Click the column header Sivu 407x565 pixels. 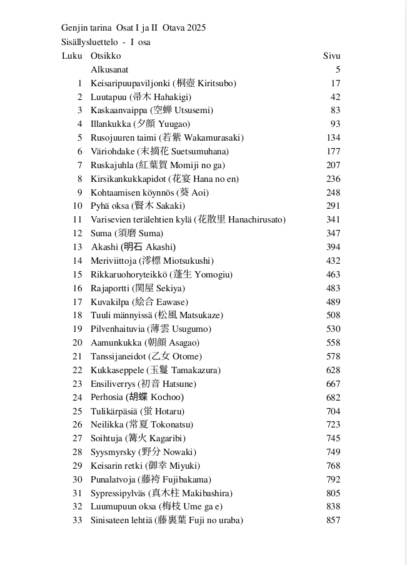coord(331,56)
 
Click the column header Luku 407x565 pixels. coord(71,56)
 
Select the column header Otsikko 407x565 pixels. coord(106,56)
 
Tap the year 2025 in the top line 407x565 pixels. coord(196,27)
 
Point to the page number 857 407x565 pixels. coord(333,520)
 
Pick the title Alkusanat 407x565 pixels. coord(109,69)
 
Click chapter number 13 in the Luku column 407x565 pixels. coord(78,247)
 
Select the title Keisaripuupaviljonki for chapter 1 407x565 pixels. coord(129,83)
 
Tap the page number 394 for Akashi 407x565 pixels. coord(333,247)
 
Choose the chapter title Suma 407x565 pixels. coord(101,233)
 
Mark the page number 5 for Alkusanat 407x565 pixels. coord(338,69)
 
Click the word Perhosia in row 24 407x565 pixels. coord(106,397)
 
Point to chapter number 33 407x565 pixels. coord(78,520)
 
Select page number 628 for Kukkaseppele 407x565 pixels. coord(333,370)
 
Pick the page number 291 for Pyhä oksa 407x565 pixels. coord(333,206)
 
